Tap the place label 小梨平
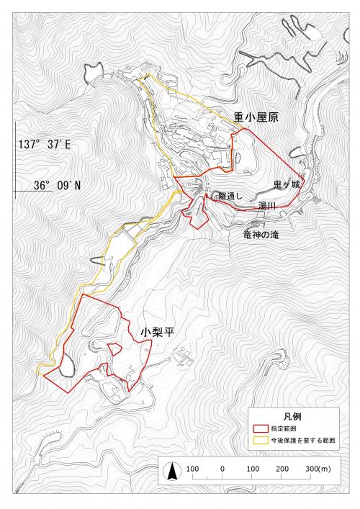(157, 333)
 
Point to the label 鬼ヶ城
(285, 185)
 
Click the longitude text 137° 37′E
(45, 144)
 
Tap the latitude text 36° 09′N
(57, 185)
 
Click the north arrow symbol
(173, 472)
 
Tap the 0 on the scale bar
(222, 469)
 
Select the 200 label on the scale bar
(282, 469)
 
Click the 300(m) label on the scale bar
(317, 469)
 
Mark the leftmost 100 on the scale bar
(192, 469)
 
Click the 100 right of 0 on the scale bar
(252, 469)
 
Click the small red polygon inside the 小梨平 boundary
(114, 349)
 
